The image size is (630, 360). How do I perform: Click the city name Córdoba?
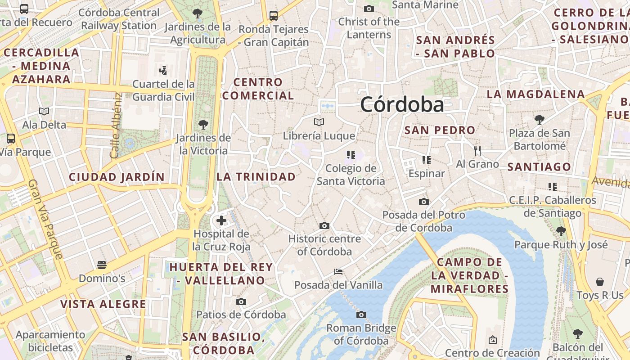402,104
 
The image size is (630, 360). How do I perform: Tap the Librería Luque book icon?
319,122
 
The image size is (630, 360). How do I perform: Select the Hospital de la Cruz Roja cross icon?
221,220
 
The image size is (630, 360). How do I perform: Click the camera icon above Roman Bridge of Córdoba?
361,315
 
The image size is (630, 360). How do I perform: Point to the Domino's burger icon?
102,265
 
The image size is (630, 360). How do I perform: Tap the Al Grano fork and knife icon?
477,150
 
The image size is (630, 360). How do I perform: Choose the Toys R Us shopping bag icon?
600,282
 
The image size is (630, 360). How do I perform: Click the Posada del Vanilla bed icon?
338,271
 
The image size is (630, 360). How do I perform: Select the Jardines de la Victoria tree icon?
203,124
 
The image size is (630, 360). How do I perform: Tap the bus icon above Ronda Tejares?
274,16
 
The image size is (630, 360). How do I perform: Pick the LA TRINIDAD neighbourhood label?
256,177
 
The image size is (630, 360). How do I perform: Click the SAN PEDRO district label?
440,130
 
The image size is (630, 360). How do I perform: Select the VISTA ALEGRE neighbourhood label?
103,304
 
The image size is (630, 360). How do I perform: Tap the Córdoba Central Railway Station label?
119,19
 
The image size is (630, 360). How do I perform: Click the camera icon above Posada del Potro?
424,202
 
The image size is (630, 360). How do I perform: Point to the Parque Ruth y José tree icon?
561,231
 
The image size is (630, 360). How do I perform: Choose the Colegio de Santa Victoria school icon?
351,155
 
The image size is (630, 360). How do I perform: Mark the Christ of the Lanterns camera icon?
369,9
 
